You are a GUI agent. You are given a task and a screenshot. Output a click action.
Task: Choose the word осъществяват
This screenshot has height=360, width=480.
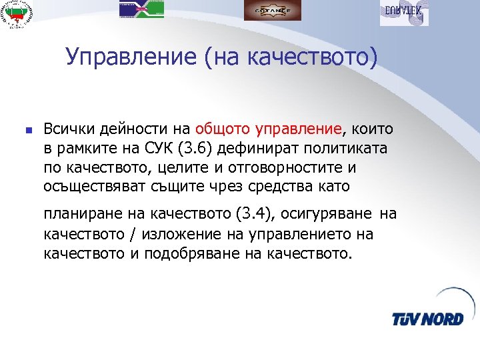(89, 184)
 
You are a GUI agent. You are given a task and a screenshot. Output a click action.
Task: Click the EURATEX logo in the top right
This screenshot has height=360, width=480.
(404, 12)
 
